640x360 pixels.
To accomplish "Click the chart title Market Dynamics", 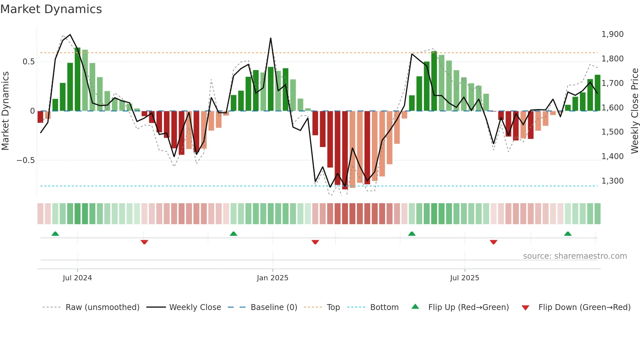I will (x=51, y=9).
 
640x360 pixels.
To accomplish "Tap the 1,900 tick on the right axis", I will (x=612, y=34).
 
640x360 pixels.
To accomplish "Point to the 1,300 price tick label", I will (x=612, y=181).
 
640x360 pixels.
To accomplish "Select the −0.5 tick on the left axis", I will (x=25, y=160).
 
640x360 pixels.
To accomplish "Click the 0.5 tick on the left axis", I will (x=28, y=62).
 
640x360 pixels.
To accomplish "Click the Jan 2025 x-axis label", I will (x=272, y=278).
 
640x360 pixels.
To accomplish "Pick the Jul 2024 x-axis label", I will (x=77, y=278).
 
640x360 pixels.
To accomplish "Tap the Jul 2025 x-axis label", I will (x=464, y=278).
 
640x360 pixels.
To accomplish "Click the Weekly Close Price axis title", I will (x=634, y=111).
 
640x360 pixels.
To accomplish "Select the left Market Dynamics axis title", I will (x=5, y=111).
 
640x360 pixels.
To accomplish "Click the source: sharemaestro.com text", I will (x=575, y=256).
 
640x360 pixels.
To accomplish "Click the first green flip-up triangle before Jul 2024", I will (x=55, y=234).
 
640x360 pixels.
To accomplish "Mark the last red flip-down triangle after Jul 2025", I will (x=493, y=242).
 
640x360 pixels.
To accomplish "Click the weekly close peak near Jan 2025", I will (x=271, y=39).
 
